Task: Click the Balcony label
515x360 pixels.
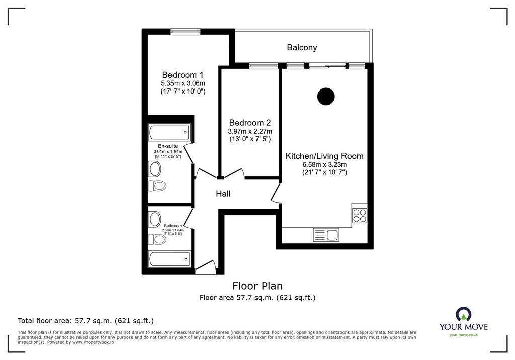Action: [x=302, y=48]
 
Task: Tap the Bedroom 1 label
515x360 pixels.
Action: [x=183, y=75]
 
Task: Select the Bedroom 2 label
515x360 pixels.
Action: [x=250, y=123]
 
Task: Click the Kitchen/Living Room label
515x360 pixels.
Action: [x=324, y=156]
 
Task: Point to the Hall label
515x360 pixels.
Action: [x=223, y=194]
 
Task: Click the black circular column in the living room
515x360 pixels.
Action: [x=326, y=96]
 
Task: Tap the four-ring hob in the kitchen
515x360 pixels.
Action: [x=359, y=215]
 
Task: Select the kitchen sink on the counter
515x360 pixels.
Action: [x=326, y=235]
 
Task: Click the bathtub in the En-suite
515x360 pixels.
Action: [x=169, y=132]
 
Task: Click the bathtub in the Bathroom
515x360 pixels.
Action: [x=169, y=259]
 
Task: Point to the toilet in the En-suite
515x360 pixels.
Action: [x=157, y=186]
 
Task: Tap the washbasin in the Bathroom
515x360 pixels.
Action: [x=155, y=219]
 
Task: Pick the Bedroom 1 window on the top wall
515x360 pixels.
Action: [x=185, y=31]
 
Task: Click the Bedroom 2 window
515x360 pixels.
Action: [x=264, y=66]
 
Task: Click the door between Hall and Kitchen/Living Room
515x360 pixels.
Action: [x=276, y=193]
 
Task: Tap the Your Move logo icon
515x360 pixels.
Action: [x=464, y=314]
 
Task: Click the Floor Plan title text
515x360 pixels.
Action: [x=257, y=286]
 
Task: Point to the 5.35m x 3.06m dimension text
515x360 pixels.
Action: [x=183, y=83]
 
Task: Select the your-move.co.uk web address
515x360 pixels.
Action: [x=464, y=335]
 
